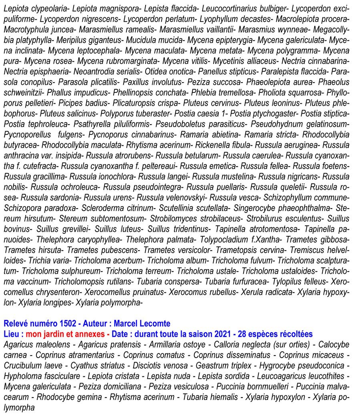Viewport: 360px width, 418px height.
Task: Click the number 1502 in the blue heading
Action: tap(65, 324)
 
